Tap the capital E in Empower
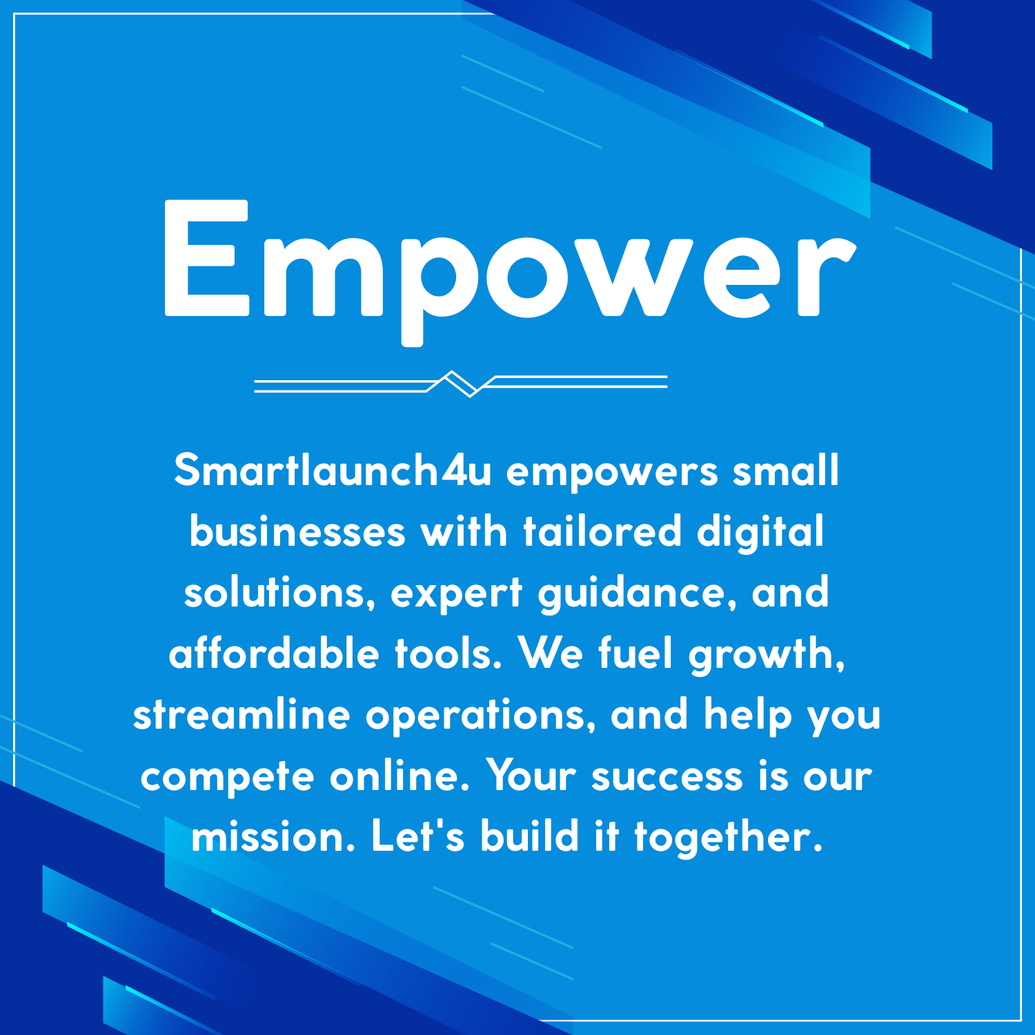pyautogui.click(x=206, y=259)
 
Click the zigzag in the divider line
pyautogui.click(x=460, y=384)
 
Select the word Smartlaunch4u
pyautogui.click(x=333, y=471)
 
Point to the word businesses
pyautogui.click(x=297, y=532)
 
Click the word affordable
pyautogui.click(x=274, y=653)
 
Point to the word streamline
pyautogui.click(x=241, y=715)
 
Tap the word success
pyautogui.click(x=667, y=776)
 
